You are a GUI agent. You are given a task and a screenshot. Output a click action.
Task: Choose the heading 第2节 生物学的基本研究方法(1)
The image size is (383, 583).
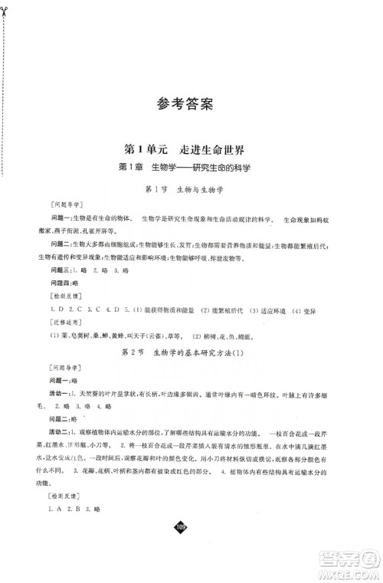pos(191,350)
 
